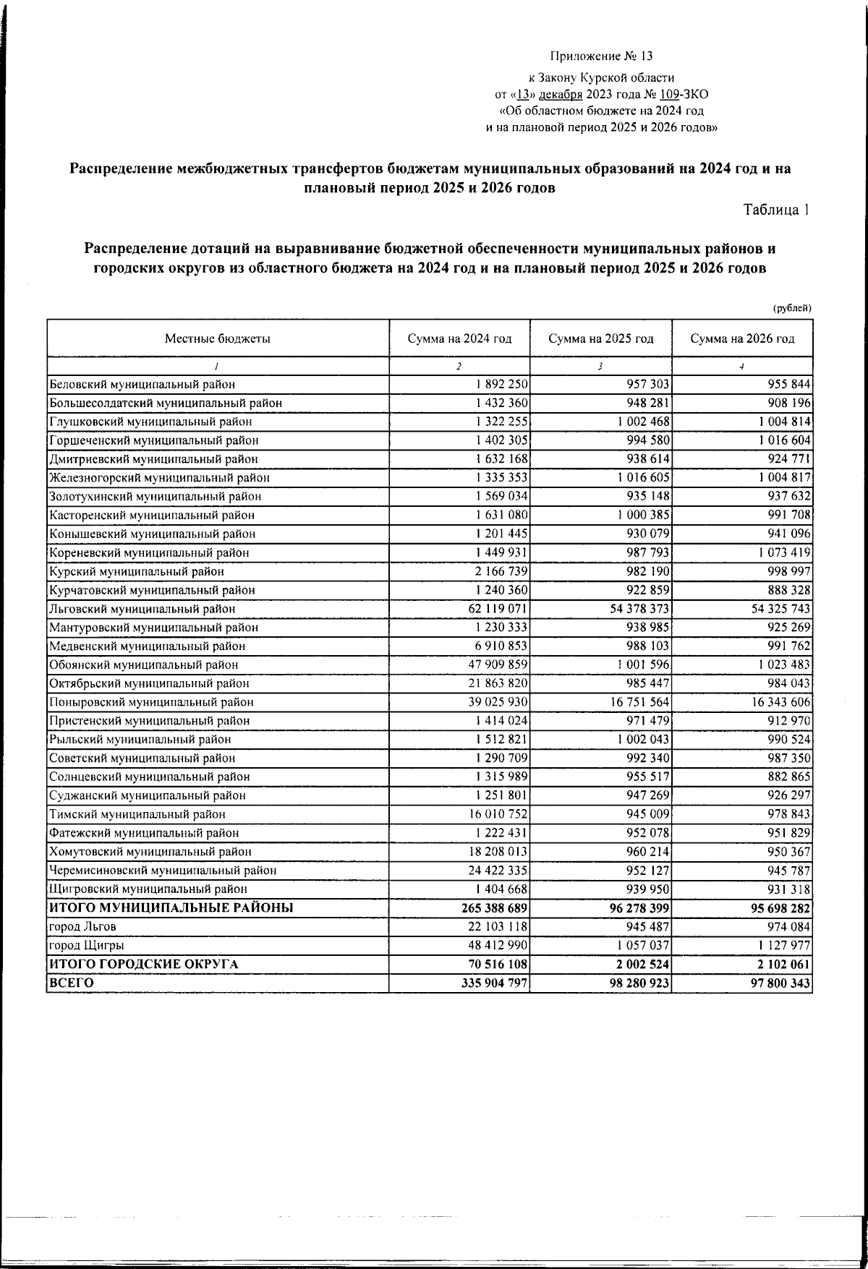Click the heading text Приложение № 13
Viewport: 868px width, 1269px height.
point(601,56)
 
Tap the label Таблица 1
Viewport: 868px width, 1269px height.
point(776,210)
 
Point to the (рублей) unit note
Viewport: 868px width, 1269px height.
point(792,308)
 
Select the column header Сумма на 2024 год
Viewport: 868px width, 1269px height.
point(459,338)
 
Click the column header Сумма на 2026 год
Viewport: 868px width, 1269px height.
point(742,338)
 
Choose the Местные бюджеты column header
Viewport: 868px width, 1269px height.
point(218,338)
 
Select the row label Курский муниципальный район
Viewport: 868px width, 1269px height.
point(136,571)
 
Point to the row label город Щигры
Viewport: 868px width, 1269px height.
point(81,945)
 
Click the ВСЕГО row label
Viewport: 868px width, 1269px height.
point(71,983)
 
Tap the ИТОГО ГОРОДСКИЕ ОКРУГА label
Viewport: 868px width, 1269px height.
point(143,964)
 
